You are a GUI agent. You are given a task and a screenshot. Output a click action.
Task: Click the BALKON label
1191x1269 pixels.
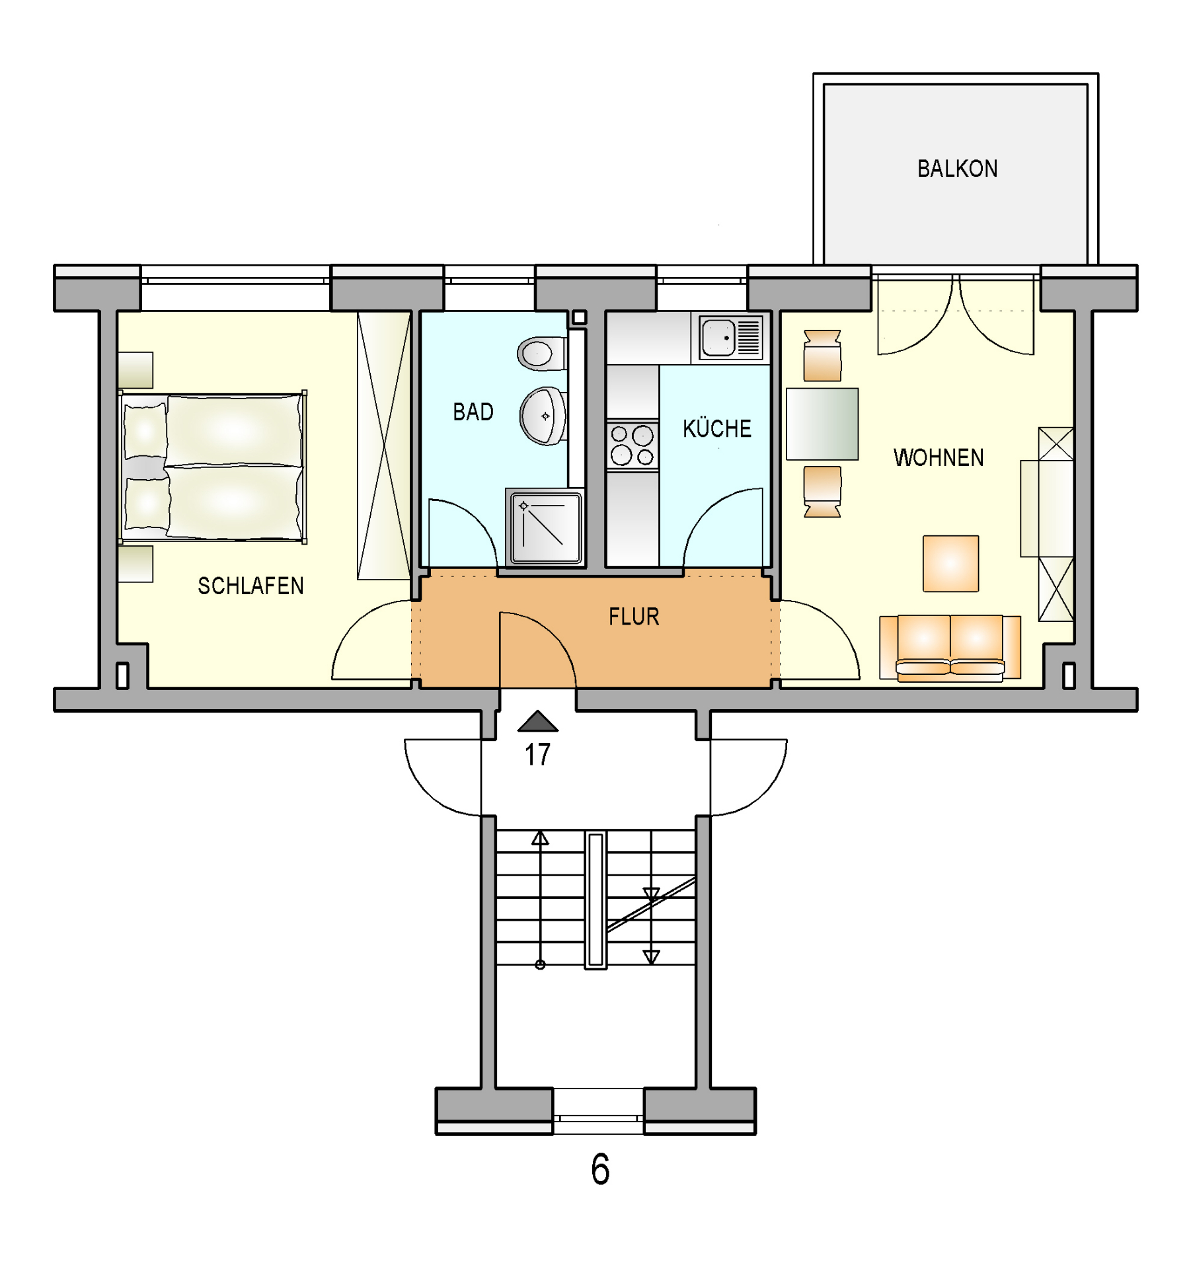pyautogui.click(x=957, y=169)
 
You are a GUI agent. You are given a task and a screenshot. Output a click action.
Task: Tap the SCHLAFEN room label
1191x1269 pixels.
pyautogui.click(x=250, y=586)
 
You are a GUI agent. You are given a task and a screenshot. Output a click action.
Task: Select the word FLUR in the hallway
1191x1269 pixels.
pyautogui.click(x=634, y=617)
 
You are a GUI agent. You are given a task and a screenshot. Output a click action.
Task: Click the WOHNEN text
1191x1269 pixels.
pyautogui.click(x=939, y=457)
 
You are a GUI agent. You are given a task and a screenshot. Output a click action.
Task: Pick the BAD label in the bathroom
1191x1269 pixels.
pyautogui.click(x=473, y=412)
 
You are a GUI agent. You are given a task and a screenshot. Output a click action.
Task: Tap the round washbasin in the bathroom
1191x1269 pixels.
pyautogui.click(x=543, y=416)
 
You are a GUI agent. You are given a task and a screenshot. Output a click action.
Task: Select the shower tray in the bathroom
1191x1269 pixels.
pyautogui.click(x=545, y=527)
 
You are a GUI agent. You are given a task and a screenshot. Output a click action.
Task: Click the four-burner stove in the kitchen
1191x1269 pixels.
pyautogui.click(x=633, y=445)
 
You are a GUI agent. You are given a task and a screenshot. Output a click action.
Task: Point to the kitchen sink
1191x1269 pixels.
pyautogui.click(x=730, y=338)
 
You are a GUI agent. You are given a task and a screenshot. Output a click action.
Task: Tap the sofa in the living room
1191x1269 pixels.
pyautogui.click(x=950, y=648)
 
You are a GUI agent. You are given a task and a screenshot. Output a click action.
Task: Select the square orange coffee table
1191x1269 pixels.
pyautogui.click(x=950, y=563)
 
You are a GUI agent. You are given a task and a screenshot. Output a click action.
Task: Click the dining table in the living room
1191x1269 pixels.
pyautogui.click(x=822, y=424)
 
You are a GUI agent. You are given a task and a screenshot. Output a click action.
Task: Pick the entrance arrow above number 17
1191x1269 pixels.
pyautogui.click(x=538, y=721)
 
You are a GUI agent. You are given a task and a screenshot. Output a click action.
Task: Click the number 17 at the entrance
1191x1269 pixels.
pyautogui.click(x=537, y=755)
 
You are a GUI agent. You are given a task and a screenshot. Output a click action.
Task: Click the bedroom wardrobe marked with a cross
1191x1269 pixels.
pyautogui.click(x=383, y=445)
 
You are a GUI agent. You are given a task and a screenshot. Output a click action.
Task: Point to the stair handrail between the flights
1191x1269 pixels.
pyautogui.click(x=595, y=900)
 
